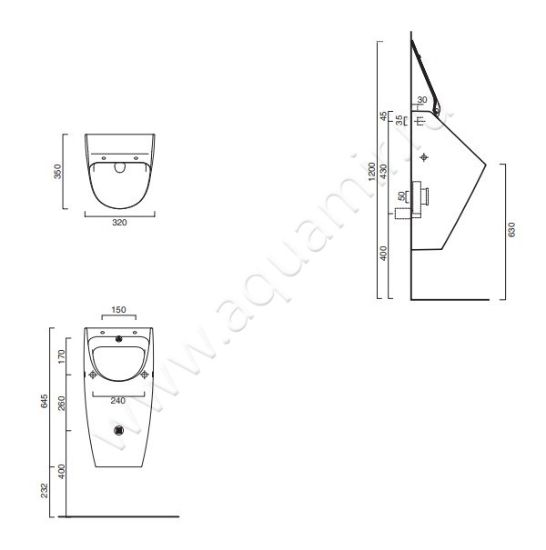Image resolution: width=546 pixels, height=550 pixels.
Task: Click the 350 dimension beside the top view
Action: [x=56, y=173]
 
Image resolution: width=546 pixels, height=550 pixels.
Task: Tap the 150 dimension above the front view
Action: [x=119, y=310]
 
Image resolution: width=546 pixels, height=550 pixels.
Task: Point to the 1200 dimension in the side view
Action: [x=371, y=172]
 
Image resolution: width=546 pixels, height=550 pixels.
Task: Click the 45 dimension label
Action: [x=384, y=116]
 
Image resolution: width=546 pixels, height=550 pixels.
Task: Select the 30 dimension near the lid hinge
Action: [x=422, y=99]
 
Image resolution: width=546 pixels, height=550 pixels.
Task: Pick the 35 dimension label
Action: [x=399, y=119]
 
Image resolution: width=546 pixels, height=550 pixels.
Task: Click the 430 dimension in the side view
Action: [x=384, y=171]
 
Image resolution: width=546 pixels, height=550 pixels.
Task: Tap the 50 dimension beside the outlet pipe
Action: [x=401, y=196]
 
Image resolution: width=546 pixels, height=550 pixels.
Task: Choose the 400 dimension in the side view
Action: [x=384, y=253]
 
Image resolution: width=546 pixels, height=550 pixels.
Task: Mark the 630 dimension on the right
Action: [x=511, y=231]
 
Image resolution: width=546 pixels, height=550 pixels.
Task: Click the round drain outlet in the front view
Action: [x=119, y=431]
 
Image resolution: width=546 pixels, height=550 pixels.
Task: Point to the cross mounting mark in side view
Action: [x=424, y=158]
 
